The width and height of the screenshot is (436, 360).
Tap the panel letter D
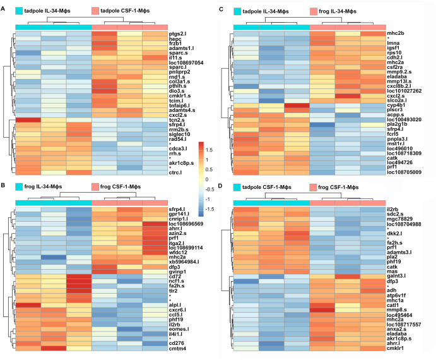pos(220,187)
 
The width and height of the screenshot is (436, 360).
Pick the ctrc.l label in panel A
pos(176,172)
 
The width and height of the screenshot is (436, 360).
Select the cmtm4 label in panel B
pos(179,348)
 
